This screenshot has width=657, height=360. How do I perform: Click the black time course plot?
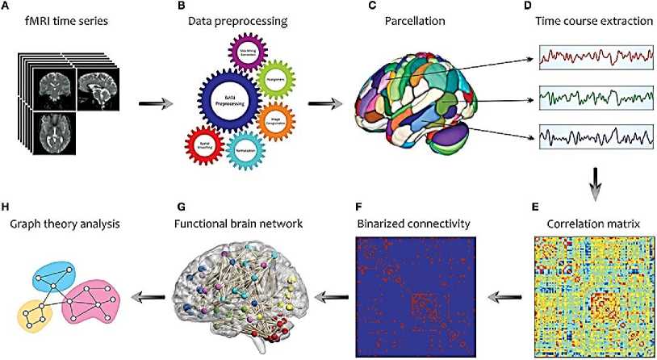(596, 137)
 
